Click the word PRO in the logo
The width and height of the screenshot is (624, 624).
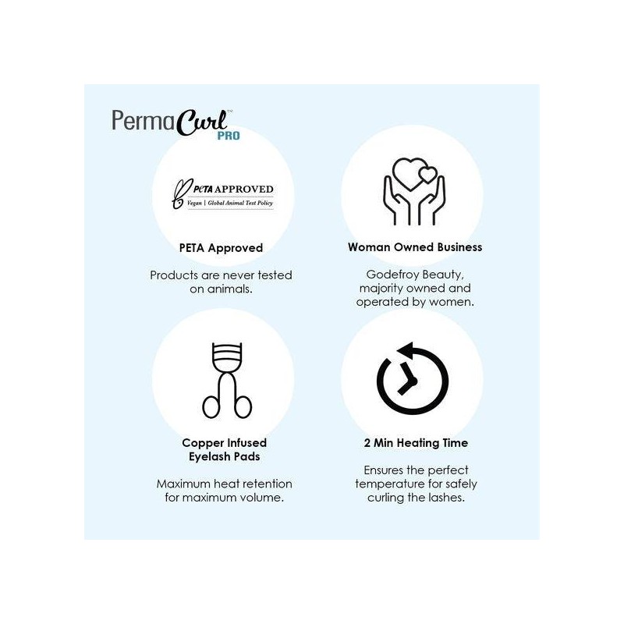point(229,135)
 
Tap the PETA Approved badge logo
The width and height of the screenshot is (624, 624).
point(222,194)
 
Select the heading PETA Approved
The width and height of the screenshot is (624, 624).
point(221,248)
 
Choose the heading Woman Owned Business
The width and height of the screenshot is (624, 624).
point(415,247)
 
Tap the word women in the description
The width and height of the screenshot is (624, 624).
point(452,302)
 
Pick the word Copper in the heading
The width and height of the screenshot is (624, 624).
point(202,443)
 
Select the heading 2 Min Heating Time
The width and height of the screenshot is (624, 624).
point(415,443)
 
